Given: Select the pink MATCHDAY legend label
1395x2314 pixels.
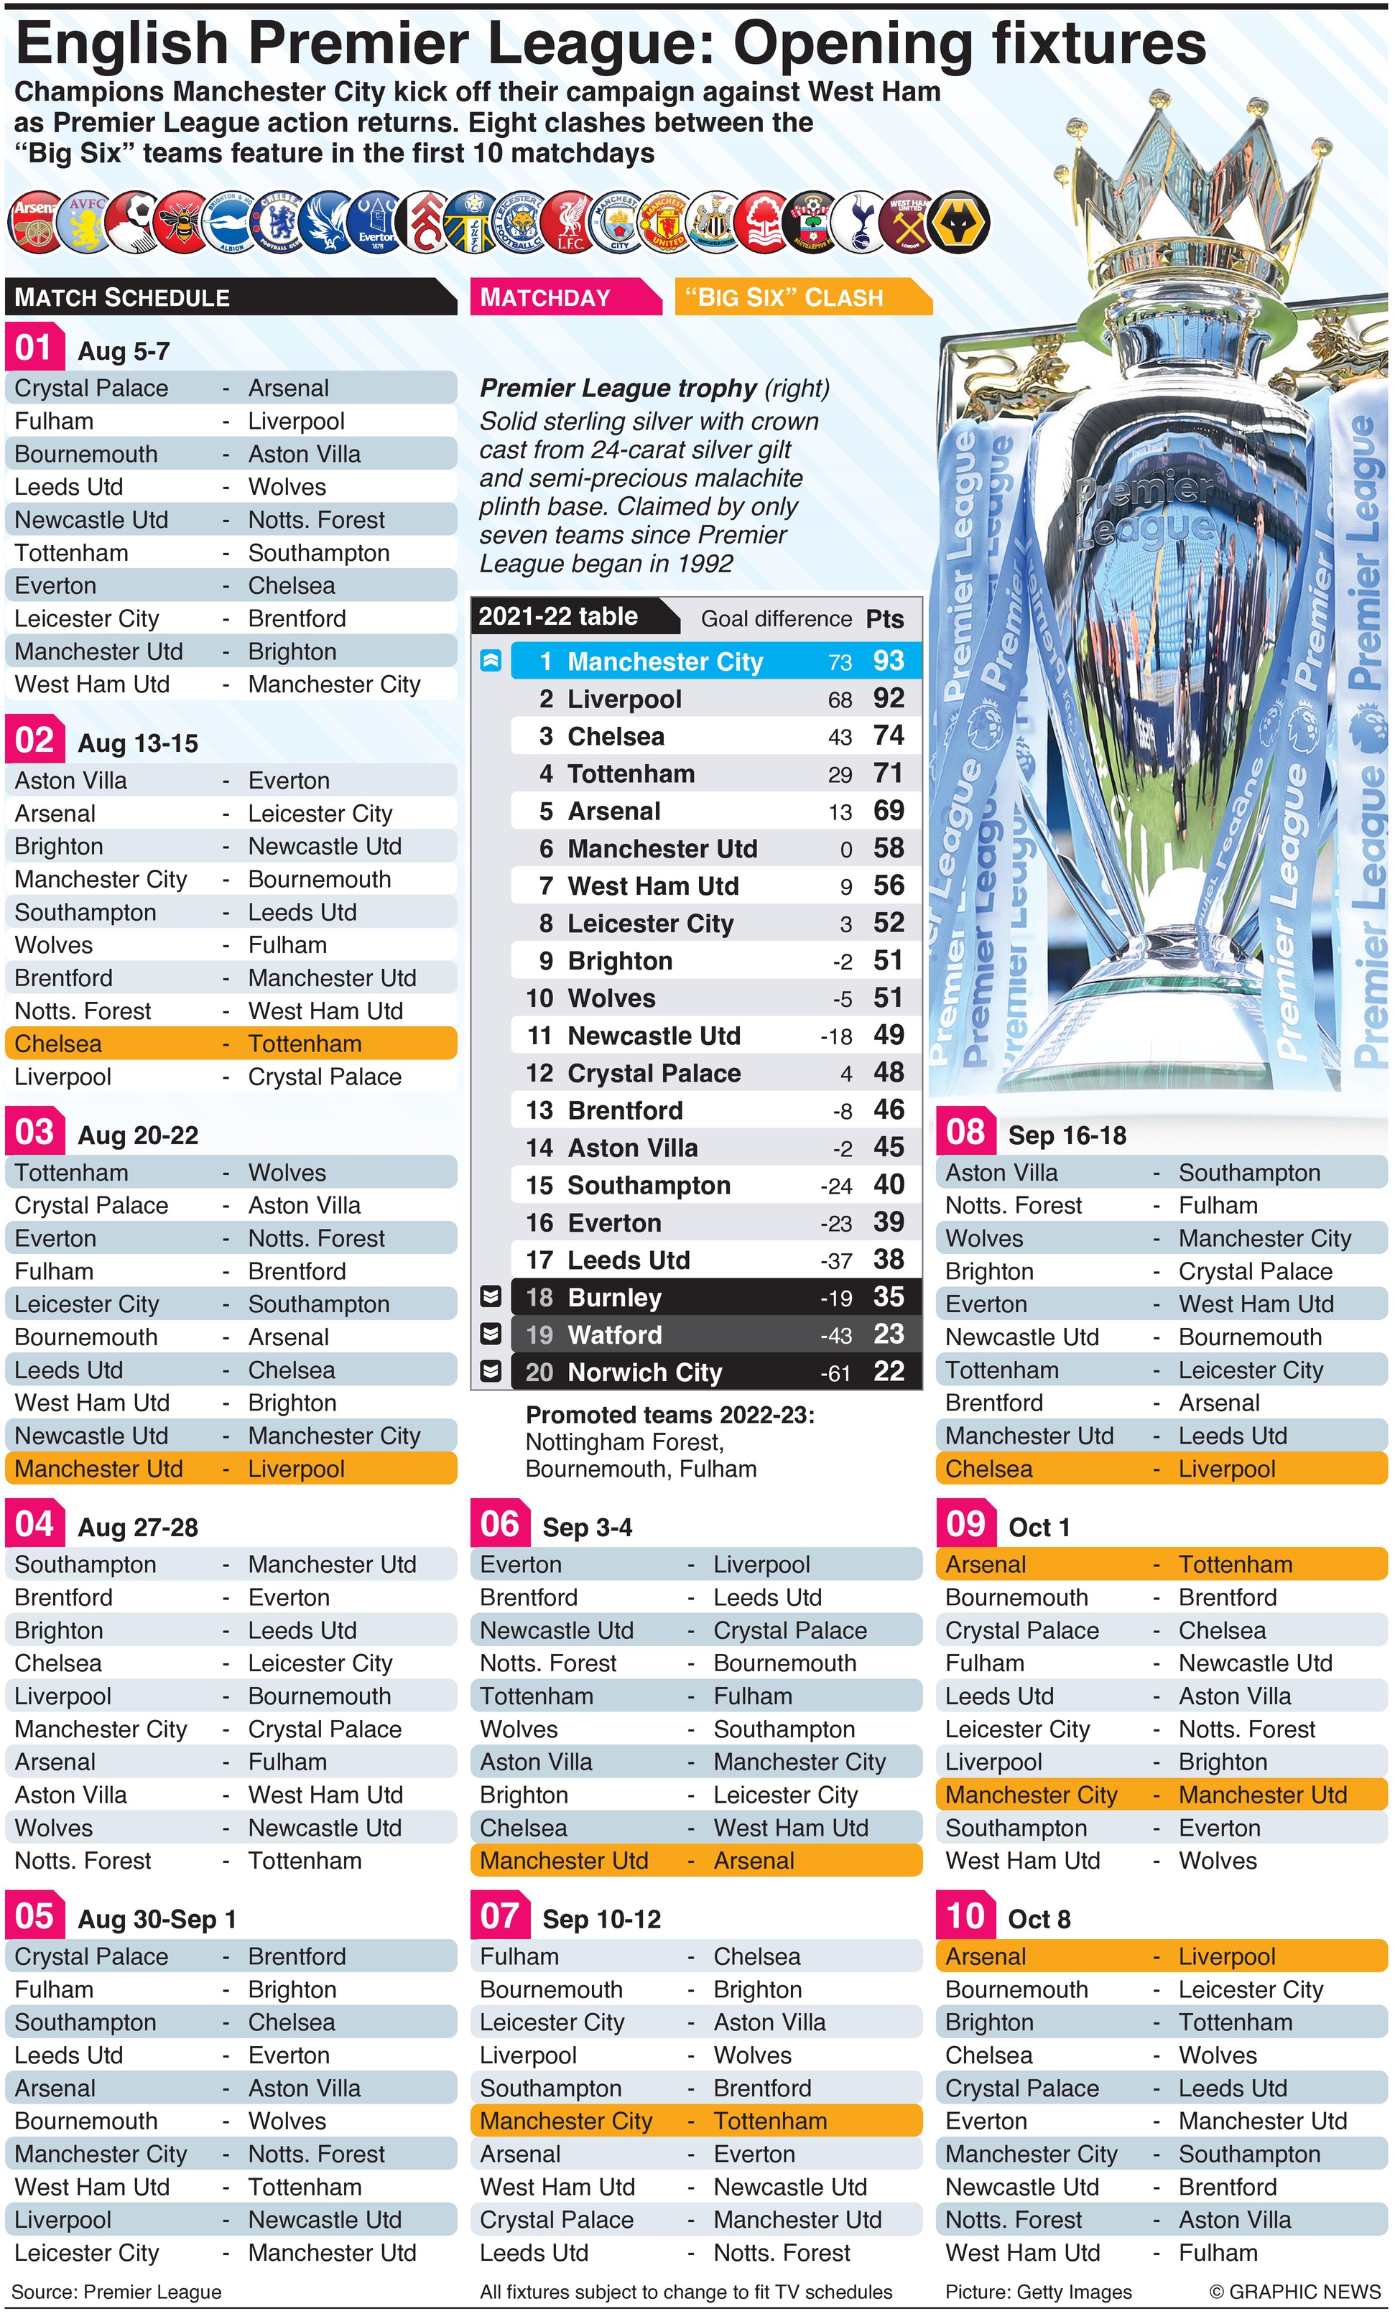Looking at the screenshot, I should pos(546,298).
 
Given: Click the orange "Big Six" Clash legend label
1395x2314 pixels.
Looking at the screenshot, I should pos(784,298).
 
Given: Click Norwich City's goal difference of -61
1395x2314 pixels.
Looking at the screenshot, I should pos(835,1373).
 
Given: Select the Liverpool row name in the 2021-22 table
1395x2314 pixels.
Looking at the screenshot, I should pos(625,699).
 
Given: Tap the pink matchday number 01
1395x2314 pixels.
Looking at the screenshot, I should pos(34,348).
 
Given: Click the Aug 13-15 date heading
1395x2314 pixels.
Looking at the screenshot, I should pos(138,744).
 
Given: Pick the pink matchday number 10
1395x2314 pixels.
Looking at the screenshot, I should pos(965,1916).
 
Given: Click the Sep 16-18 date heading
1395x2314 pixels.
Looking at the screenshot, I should pos(1067,1135).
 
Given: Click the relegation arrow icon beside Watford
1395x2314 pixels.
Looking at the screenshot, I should pos(491,1334).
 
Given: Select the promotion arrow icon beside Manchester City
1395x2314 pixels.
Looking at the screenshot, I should pos(491,660).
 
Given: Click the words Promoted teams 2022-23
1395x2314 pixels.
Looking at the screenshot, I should pos(669,1416).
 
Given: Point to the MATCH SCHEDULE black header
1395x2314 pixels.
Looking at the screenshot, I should pos(122,298).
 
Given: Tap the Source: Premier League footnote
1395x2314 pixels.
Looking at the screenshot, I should pos(116,2292).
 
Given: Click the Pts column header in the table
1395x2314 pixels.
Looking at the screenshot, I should pos(885,619).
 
